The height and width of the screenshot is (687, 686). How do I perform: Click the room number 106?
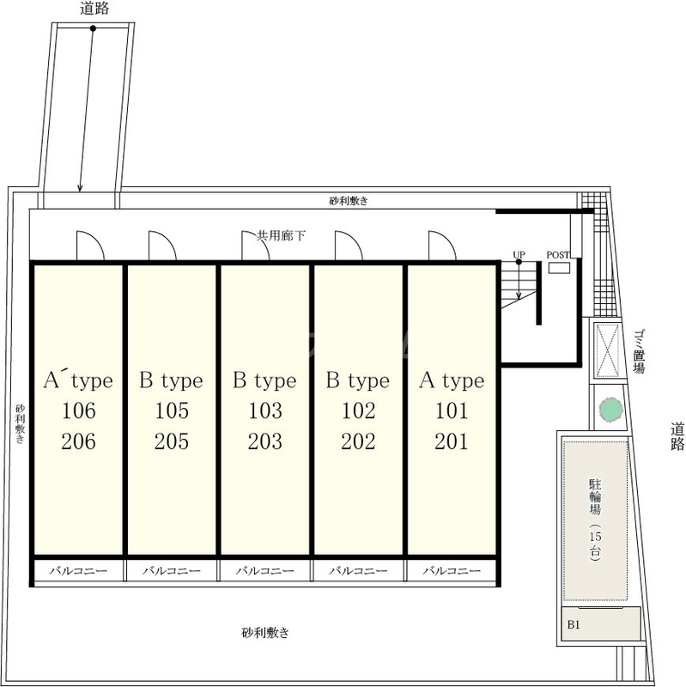pos(78,410)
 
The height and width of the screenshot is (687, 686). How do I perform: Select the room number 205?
pos(172,441)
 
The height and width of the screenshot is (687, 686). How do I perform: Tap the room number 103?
pos(265,410)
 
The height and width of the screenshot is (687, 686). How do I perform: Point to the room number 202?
pos(358,441)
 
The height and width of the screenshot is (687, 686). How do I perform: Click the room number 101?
pos(452,410)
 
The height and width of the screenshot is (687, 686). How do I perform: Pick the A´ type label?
pos(78,380)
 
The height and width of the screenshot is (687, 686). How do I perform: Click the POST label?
pos(558,255)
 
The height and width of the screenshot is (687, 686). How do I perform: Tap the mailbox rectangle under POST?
pos(560,267)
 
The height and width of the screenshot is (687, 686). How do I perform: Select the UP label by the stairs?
pos(519,254)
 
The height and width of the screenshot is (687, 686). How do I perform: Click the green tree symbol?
pos(611,409)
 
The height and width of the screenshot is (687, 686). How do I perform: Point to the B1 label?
pos(574,625)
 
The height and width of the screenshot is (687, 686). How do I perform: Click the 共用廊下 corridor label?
pos(281,235)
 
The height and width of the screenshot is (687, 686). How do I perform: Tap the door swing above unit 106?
pos(91,246)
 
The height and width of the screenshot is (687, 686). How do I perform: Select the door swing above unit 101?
pos(442,246)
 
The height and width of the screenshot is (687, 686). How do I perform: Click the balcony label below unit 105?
pos(172,570)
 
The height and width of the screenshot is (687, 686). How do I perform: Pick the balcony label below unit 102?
pos(358,570)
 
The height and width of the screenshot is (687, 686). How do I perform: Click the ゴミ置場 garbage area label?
pos(639,351)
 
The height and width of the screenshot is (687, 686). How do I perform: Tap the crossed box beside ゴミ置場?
pos(608,350)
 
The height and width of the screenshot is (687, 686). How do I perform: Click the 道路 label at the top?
pos(94,9)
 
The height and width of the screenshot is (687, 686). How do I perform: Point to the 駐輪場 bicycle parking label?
pos(595,497)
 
